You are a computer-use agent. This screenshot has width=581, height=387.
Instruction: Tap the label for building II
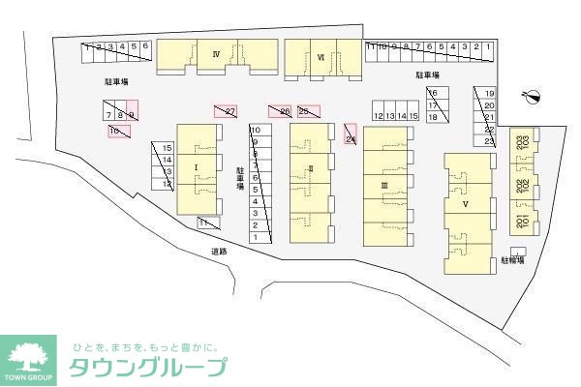310,168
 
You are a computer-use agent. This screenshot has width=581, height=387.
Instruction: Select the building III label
384,184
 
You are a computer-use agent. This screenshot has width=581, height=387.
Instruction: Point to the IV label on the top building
216,54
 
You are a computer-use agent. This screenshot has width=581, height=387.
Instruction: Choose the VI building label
321,56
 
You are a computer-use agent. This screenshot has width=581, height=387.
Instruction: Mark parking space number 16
434,94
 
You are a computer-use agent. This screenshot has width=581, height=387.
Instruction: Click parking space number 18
434,116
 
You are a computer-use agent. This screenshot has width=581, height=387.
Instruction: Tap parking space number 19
489,94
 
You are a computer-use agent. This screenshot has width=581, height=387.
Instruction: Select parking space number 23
490,140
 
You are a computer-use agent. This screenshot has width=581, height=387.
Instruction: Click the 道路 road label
220,251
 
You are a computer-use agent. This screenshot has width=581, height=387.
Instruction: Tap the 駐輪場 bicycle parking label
512,261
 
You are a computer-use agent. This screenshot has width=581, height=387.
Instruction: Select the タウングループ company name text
148,368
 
